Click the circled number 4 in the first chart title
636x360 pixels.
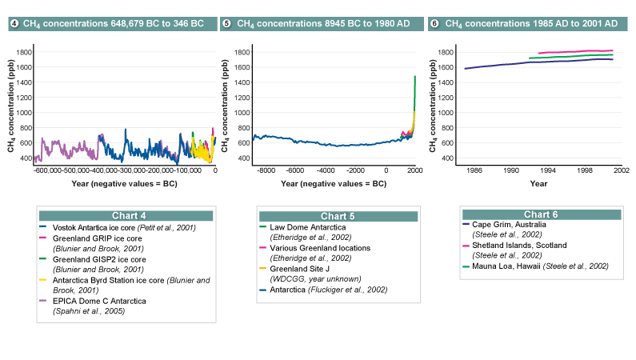click(14, 24)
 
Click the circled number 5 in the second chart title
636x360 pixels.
click(227, 24)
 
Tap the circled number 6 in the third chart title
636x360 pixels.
click(434, 24)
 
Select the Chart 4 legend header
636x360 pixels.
click(126, 215)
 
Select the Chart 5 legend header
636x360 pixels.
click(339, 215)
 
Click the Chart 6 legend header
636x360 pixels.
click(542, 214)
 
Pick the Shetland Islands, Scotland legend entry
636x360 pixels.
click(521, 246)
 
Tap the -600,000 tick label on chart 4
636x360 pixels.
click(50, 170)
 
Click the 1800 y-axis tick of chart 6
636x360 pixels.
click(447, 53)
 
